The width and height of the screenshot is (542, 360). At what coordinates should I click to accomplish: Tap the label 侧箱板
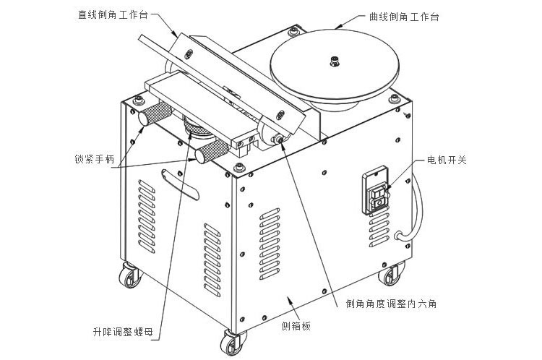coord(296,327)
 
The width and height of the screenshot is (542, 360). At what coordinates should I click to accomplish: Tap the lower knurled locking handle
coord(212,153)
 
